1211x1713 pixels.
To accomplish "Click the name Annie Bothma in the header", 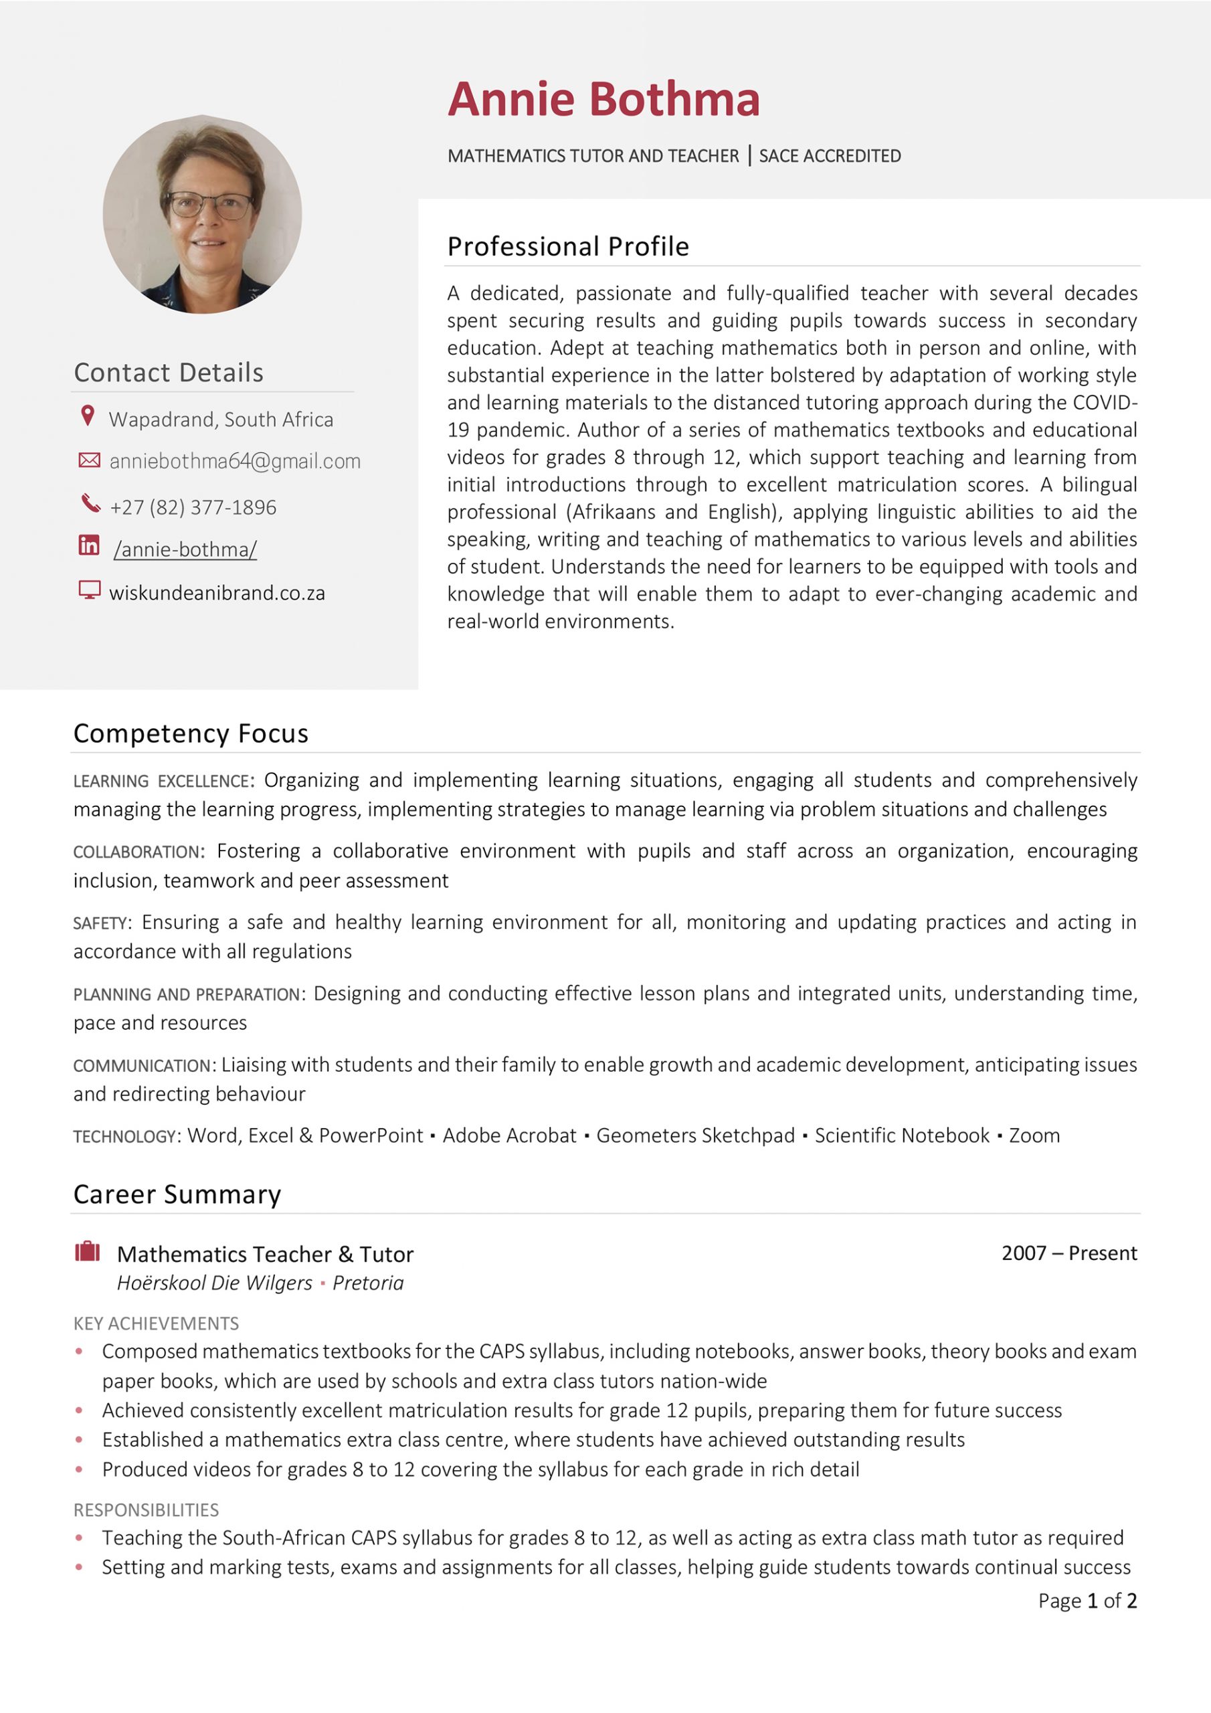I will (x=603, y=99).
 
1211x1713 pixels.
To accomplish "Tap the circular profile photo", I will (x=202, y=214).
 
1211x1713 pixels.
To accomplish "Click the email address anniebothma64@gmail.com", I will (x=234, y=461).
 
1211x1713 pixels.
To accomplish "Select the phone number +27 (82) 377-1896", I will (x=193, y=507).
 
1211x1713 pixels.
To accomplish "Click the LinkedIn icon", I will (x=89, y=545).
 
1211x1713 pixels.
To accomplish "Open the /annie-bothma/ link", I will (x=185, y=549).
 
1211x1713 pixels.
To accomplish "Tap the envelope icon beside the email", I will (x=89, y=460).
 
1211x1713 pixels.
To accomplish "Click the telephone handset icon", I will (x=90, y=504).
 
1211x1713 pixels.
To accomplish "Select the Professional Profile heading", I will (x=568, y=246).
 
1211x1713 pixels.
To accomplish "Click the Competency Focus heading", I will (x=190, y=733).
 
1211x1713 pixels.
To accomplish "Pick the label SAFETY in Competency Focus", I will (x=100, y=923).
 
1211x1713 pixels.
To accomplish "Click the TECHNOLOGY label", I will (x=124, y=1137).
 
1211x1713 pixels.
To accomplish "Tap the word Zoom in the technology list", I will (x=1034, y=1136).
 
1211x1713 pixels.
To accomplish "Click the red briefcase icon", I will (x=87, y=1251).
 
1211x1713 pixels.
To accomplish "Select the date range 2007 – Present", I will (x=1068, y=1253).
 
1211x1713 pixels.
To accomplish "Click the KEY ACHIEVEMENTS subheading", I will (x=156, y=1324).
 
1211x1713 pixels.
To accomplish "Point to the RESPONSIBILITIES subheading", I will (x=147, y=1510).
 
